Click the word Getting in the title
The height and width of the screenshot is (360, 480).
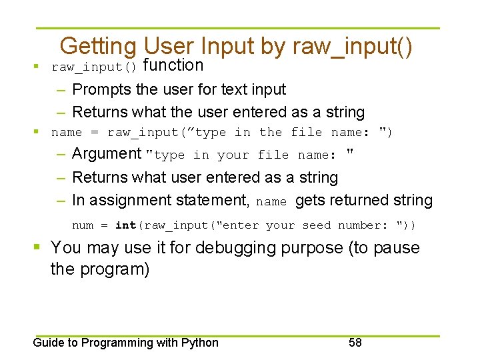pyautogui.click(x=98, y=46)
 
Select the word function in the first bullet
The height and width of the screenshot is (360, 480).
pyautogui.click(x=173, y=65)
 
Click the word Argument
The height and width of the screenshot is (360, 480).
pyautogui.click(x=107, y=154)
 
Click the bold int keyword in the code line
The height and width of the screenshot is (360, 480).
pyautogui.click(x=125, y=225)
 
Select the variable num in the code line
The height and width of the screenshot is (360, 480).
pyautogui.click(x=83, y=225)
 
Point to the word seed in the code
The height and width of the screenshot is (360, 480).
pyautogui.click(x=317, y=225)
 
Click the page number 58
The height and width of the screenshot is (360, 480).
pyautogui.click(x=355, y=343)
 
